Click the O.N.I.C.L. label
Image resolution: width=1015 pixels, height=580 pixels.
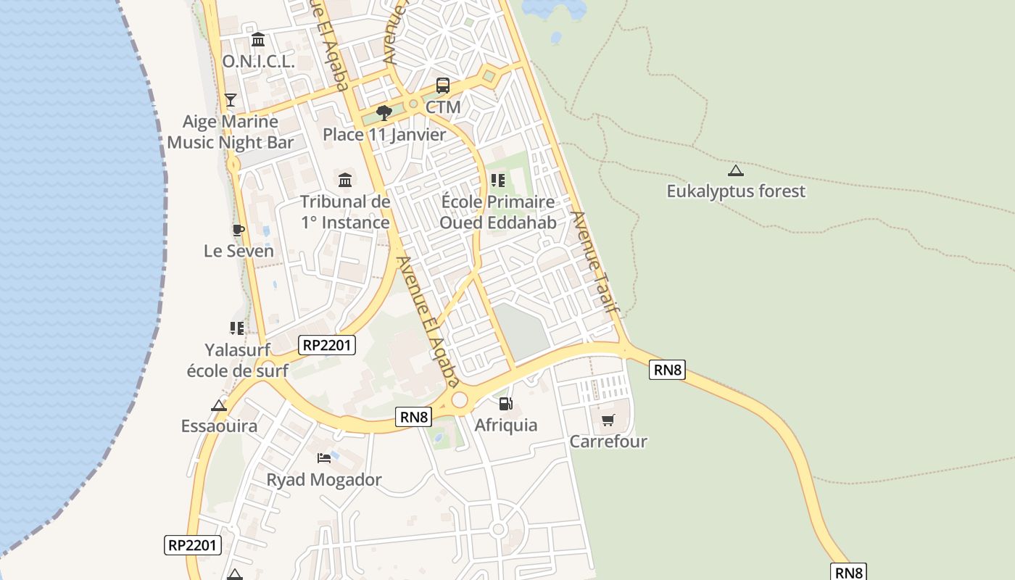click(258, 62)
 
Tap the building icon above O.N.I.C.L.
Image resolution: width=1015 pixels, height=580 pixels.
click(257, 39)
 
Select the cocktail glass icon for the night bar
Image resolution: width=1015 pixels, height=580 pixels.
click(231, 99)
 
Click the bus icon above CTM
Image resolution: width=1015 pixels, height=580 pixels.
click(442, 85)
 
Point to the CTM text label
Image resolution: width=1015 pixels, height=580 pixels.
click(442, 107)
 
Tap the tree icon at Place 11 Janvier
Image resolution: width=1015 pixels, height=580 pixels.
click(384, 112)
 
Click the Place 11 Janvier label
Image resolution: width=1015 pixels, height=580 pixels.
click(384, 135)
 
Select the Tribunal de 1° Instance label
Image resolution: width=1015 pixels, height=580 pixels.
click(345, 212)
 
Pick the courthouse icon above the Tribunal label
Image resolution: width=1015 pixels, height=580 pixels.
click(345, 179)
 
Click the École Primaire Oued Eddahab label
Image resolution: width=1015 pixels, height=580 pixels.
click(497, 212)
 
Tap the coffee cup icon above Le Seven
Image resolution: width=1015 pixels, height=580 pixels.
click(238, 230)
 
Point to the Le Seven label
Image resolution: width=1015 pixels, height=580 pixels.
click(239, 252)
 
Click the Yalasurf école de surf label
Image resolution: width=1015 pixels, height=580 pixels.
click(237, 360)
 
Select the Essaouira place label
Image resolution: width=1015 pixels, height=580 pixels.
click(219, 426)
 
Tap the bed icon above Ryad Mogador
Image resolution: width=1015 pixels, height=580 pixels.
click(324, 457)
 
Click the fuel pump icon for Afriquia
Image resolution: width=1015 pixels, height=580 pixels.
click(505, 403)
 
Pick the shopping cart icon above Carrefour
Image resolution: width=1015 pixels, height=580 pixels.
click(608, 420)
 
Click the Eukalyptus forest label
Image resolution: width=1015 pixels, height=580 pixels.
click(736, 191)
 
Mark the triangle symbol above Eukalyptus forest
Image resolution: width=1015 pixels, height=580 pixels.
click(736, 171)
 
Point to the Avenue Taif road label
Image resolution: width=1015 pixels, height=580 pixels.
click(596, 262)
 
